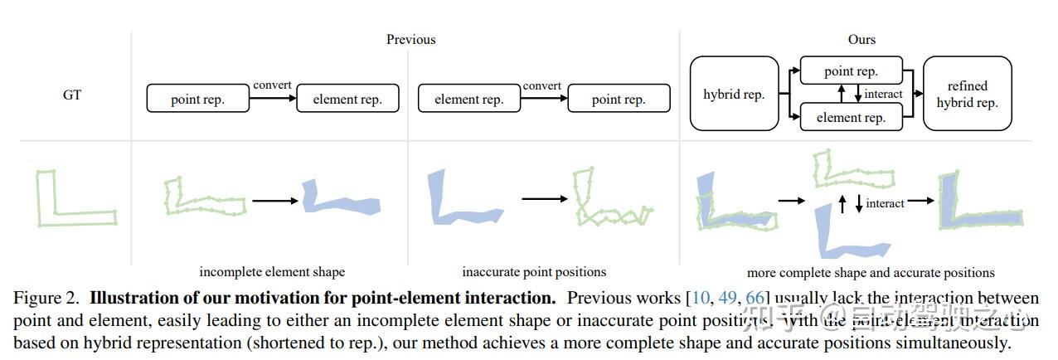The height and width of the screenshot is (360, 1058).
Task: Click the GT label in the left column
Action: pyautogui.click(x=72, y=95)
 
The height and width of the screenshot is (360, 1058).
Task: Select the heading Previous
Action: pyautogui.click(x=410, y=39)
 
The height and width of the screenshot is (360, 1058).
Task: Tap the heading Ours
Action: pyautogui.click(x=861, y=39)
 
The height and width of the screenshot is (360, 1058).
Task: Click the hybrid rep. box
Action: pyautogui.click(x=734, y=94)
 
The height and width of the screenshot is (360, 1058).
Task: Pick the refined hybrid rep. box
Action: pyautogui.click(x=967, y=94)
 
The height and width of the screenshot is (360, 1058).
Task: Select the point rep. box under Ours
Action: pyautogui.click(x=851, y=71)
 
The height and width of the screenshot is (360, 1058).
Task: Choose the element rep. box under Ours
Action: pyautogui.click(x=851, y=117)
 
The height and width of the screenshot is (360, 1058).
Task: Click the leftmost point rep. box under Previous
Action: pyautogui.click(x=197, y=99)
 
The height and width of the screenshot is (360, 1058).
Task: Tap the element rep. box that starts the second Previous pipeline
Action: pyautogui.click(x=468, y=99)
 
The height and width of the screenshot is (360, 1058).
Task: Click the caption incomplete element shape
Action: pyautogui.click(x=272, y=271)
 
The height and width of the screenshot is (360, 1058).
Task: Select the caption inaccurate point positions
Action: pyautogui.click(x=533, y=271)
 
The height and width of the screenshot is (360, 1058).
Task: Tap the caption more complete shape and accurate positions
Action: pyautogui.click(x=870, y=272)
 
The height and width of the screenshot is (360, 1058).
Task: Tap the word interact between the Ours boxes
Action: pyautogui.click(x=883, y=94)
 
